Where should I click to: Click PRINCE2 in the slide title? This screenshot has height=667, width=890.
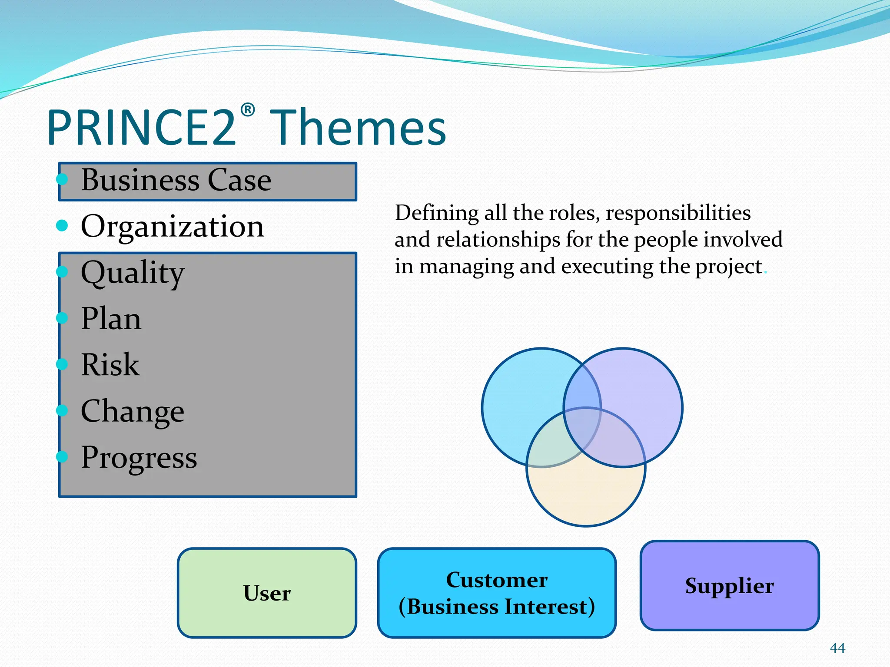[x=142, y=128]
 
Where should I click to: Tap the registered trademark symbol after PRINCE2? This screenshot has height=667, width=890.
[x=247, y=110]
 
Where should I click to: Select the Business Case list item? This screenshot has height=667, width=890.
[x=176, y=180]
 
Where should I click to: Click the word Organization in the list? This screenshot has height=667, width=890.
[x=172, y=226]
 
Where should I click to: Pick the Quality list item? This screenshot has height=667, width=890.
[x=133, y=273]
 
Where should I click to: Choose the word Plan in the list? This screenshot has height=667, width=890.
[x=111, y=319]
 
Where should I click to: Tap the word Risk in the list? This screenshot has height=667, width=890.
[x=110, y=365]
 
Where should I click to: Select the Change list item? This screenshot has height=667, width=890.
[x=133, y=411]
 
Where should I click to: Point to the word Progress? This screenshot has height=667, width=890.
[x=139, y=458]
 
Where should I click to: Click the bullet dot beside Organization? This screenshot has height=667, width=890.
[x=62, y=225]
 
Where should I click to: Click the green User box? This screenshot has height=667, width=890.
[x=267, y=593]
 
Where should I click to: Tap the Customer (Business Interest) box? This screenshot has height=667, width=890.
[x=497, y=593]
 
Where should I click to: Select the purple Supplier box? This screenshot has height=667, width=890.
[x=729, y=585]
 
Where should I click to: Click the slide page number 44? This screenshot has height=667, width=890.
[x=837, y=648]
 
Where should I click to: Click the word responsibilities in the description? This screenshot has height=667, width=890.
[x=678, y=213]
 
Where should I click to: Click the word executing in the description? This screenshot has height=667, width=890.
[x=607, y=267]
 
